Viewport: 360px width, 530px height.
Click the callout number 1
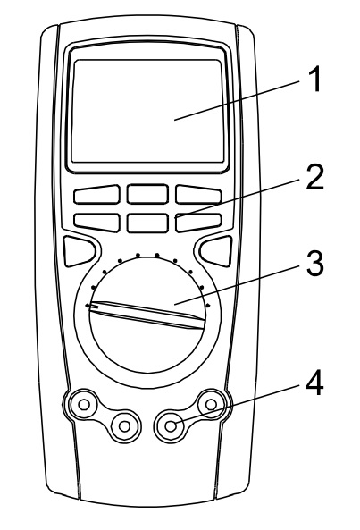[x=315, y=79]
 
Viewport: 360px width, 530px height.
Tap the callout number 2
[x=314, y=177]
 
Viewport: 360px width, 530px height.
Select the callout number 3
[x=314, y=264]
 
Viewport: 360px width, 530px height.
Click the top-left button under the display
[x=96, y=194]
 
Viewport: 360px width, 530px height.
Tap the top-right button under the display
[x=198, y=194]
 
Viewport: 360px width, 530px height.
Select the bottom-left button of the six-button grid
[x=96, y=223]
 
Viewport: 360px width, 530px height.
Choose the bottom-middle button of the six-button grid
[x=147, y=223]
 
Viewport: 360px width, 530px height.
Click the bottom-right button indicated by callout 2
[x=198, y=223]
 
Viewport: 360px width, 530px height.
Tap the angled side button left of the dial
[x=79, y=251]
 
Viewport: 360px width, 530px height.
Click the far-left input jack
[x=84, y=404]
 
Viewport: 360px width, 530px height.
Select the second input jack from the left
[x=125, y=426]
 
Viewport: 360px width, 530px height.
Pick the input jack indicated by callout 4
[x=171, y=426]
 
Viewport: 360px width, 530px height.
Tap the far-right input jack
[x=211, y=404]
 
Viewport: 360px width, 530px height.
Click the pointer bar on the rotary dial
[x=147, y=315]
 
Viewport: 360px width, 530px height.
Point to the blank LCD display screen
[x=148, y=111]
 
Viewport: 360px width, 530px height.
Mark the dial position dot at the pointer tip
[x=88, y=306]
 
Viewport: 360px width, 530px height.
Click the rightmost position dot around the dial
[x=208, y=306]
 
